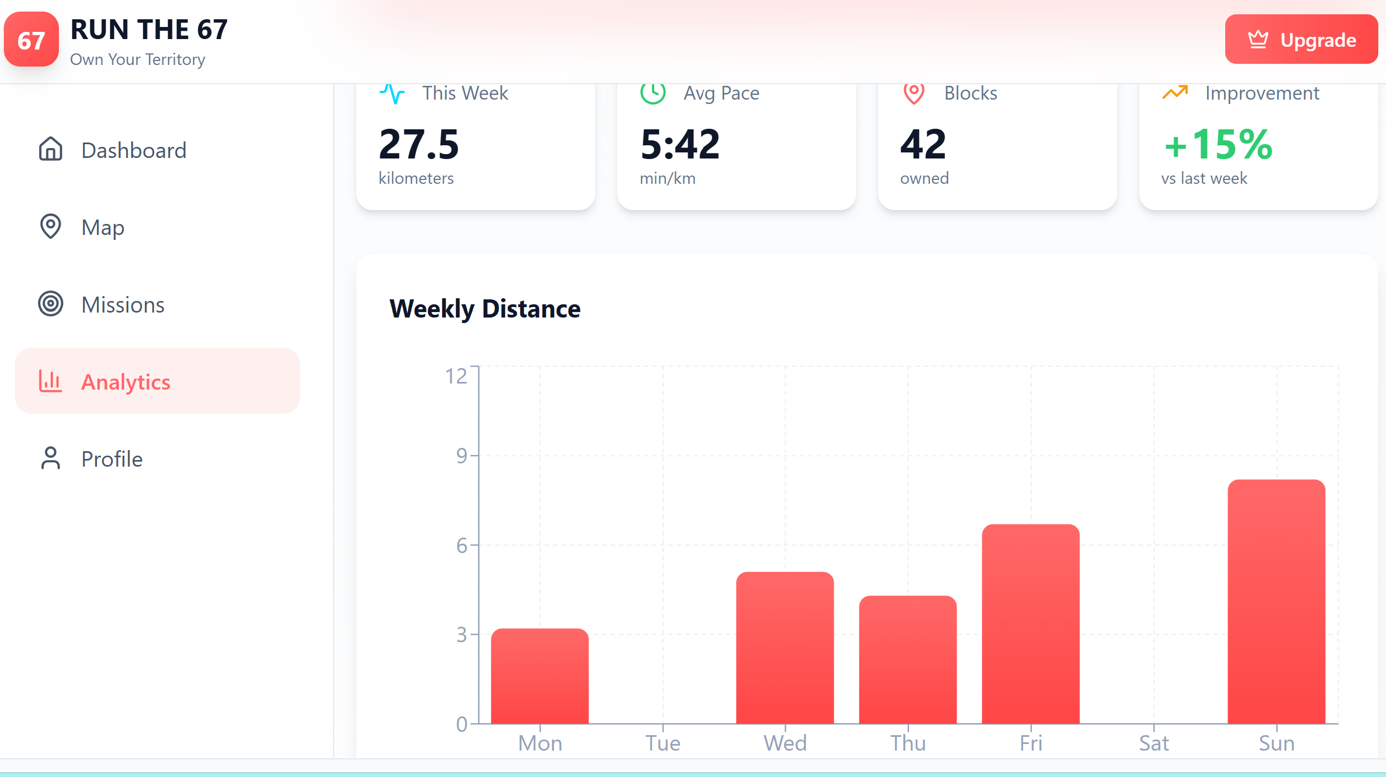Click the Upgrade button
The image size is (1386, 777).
point(1301,40)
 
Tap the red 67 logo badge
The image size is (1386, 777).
point(31,40)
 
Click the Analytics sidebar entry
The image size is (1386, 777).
point(157,381)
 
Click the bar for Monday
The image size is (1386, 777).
point(540,676)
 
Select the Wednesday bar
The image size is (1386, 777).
point(785,648)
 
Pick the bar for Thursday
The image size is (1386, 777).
point(908,660)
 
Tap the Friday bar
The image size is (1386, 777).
point(1031,624)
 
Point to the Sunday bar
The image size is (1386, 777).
point(1276,602)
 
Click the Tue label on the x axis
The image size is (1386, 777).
point(663,743)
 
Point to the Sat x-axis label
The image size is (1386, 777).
point(1154,743)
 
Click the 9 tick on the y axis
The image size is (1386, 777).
point(461,456)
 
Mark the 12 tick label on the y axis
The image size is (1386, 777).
point(456,376)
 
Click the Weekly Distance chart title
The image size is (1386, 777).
point(485,309)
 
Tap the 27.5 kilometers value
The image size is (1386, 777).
point(419,144)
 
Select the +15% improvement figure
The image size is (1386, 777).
point(1218,144)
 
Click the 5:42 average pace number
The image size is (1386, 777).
point(680,144)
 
